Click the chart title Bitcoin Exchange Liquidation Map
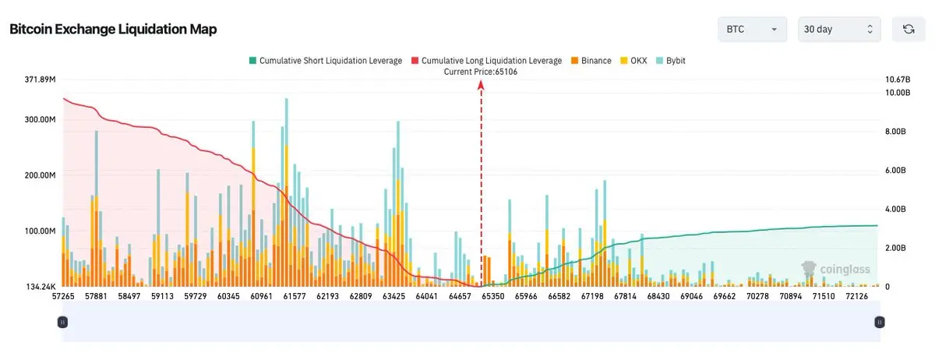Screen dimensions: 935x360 [x=113, y=30]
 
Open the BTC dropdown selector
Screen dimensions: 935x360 [x=753, y=30]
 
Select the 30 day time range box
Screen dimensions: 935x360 [x=839, y=30]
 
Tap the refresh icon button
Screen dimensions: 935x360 [x=909, y=30]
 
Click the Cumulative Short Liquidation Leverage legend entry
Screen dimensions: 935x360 [x=326, y=61]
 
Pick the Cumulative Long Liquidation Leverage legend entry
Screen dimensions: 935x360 [x=487, y=61]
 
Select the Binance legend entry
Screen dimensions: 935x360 [x=591, y=61]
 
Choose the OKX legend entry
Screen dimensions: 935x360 [x=633, y=61]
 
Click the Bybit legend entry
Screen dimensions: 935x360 [x=671, y=61]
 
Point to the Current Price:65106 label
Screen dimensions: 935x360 [x=481, y=72]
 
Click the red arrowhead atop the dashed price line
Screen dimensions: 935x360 [x=481, y=85]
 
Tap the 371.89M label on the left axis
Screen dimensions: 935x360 [x=40, y=79]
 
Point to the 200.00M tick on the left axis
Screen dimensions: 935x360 [x=40, y=175]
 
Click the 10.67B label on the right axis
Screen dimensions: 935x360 [x=898, y=79]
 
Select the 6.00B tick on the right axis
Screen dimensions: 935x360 [x=895, y=171]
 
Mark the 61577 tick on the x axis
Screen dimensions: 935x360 [x=295, y=297]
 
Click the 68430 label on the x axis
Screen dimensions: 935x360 [x=658, y=297]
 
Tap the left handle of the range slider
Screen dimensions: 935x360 [x=62, y=323]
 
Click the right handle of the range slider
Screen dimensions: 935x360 [x=880, y=323]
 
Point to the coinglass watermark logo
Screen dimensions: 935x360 [x=835, y=270]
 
